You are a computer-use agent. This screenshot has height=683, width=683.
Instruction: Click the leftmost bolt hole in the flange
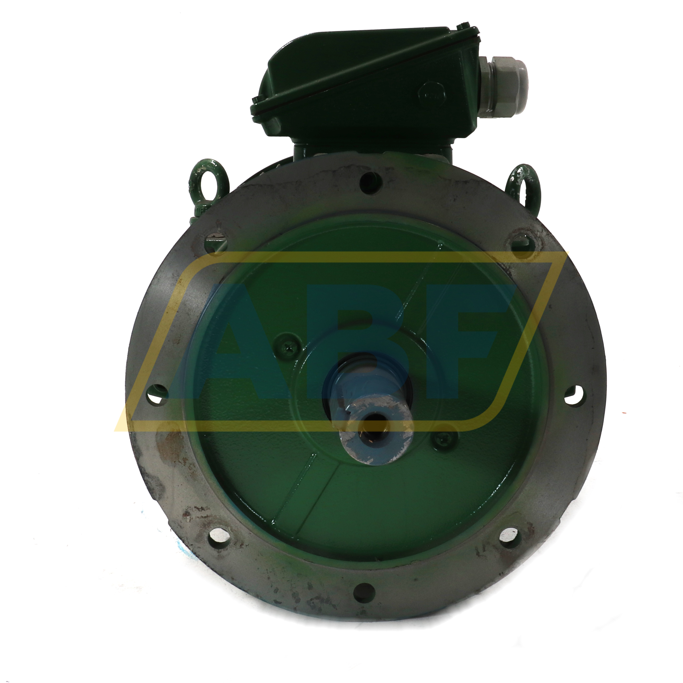158,393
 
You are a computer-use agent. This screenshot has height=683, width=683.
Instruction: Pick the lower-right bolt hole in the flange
509,538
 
